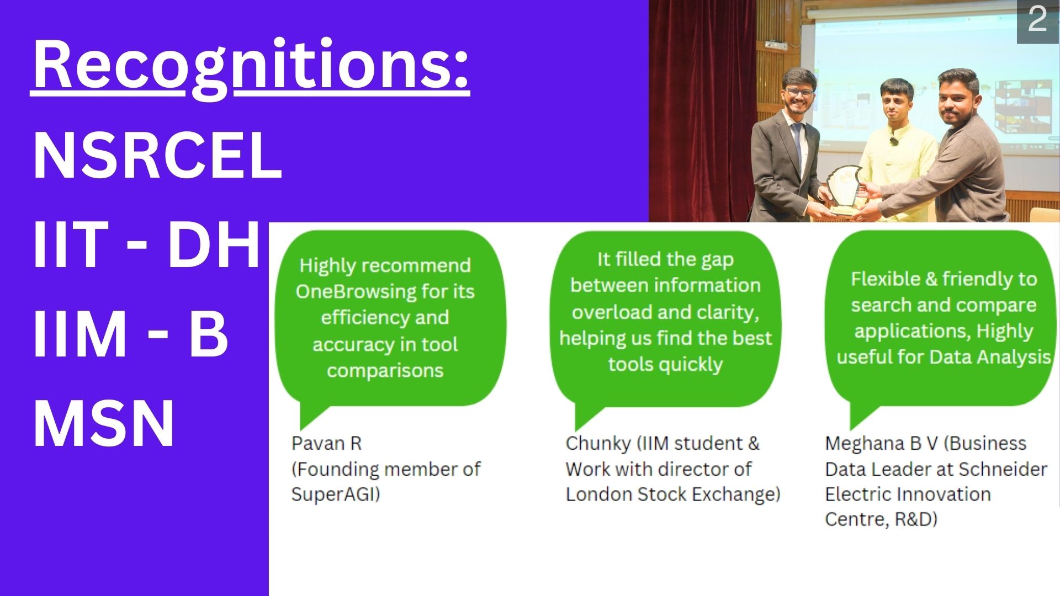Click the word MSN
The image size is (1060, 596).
[x=104, y=423]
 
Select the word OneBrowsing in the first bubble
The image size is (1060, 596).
[x=356, y=291]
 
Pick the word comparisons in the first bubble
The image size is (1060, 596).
[x=385, y=371]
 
